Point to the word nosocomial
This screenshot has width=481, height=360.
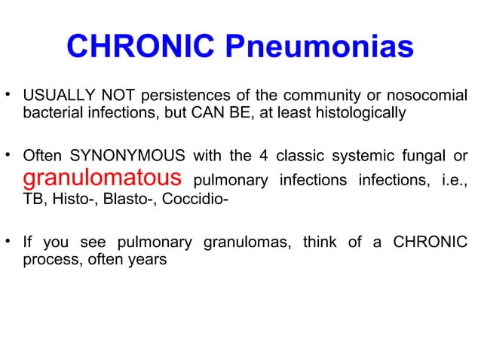(426, 97)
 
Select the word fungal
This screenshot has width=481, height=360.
(427, 157)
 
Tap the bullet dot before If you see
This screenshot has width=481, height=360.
(9, 243)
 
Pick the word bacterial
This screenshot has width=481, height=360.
(50, 114)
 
